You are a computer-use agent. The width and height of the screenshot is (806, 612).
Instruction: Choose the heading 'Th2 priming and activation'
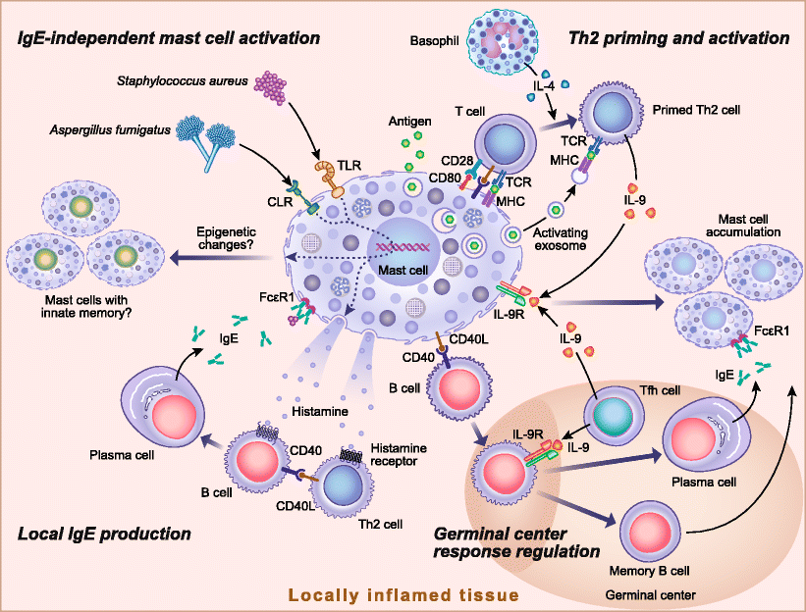pos(678,39)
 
